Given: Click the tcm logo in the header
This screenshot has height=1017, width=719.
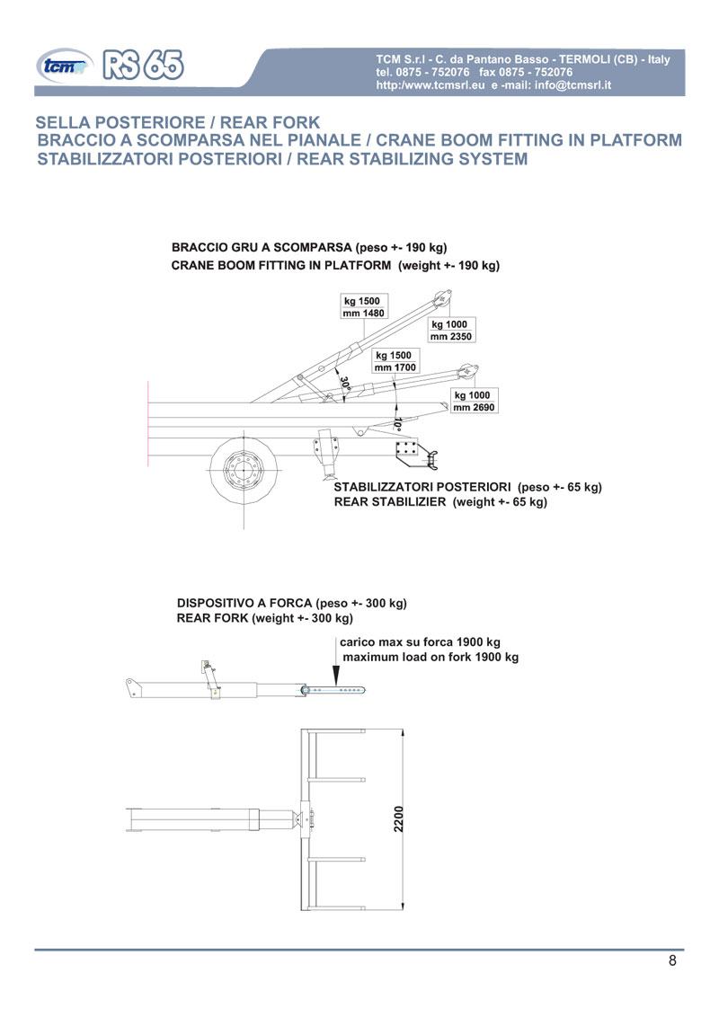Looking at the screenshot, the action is click(x=65, y=66).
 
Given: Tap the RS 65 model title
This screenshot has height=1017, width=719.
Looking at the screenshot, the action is click(x=143, y=65).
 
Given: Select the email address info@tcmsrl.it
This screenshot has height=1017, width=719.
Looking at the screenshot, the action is click(x=573, y=85).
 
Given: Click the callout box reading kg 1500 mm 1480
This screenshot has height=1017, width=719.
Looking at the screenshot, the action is click(x=364, y=306).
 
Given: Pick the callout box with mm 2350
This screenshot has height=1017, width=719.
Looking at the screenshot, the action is click(x=451, y=330).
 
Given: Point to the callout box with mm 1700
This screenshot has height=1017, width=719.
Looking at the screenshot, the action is click(x=395, y=361).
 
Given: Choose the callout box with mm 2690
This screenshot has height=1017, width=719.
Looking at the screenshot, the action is click(x=475, y=402).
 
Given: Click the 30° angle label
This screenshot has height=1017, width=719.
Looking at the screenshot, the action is click(x=344, y=383).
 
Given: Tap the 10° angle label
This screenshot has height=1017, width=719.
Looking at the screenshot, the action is click(x=398, y=425).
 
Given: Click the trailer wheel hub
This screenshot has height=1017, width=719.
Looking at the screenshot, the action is click(x=244, y=468).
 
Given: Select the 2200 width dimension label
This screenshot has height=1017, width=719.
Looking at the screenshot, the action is click(x=398, y=819).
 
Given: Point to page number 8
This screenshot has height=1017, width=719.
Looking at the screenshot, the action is click(x=672, y=960).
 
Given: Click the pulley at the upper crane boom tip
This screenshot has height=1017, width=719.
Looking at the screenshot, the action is click(x=444, y=298).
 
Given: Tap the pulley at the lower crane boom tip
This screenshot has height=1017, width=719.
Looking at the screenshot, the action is click(x=467, y=372).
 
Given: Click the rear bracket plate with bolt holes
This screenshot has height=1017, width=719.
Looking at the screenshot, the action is click(x=407, y=449).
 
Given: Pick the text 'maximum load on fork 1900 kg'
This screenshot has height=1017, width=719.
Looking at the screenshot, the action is click(x=431, y=657).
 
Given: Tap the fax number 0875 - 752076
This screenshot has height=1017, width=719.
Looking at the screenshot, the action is click(x=526, y=72).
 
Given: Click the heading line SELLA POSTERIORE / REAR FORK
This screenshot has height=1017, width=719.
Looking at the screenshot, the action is click(x=178, y=122).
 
